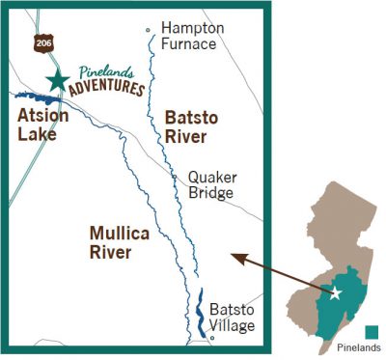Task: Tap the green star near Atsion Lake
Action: pos(57,80)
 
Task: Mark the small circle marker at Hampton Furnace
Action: pos(148,30)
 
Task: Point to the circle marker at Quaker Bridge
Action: pos(174,179)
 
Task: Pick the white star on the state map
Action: pos(336,292)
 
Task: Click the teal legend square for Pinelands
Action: pos(372,332)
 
